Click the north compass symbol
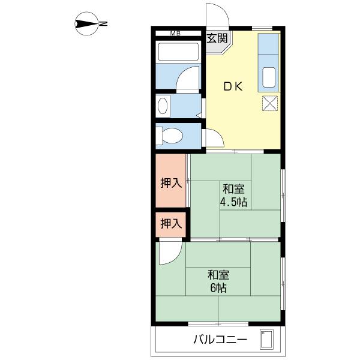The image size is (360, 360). (86, 23)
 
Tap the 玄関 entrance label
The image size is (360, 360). (217, 38)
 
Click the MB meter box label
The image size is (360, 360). (175, 34)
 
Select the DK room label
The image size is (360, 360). (233, 86)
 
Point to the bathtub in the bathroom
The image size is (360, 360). (179, 52)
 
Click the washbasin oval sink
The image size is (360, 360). (163, 106)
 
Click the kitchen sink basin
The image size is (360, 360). (269, 77)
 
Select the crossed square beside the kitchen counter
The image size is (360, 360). (270, 103)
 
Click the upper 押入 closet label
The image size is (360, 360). (171, 183)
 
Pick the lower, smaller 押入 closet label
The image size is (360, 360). (171, 223)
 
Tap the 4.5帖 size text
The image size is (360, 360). (233, 202)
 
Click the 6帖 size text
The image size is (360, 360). (218, 288)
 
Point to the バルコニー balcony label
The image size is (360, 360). (220, 340)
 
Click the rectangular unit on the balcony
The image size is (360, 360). (267, 340)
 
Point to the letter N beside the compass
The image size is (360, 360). (103, 23)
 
